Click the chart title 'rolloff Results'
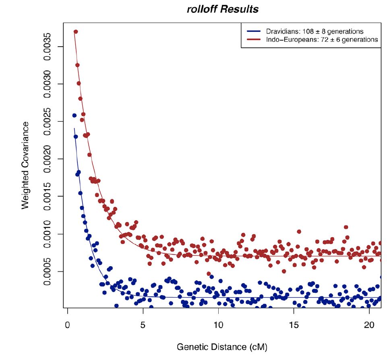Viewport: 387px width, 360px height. coord(223,9)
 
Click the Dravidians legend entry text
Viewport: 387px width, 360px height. coord(315,31)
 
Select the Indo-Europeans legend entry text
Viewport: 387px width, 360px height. coord(322,39)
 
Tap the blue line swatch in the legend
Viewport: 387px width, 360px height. coord(252,31)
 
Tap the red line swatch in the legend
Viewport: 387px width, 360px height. coord(252,39)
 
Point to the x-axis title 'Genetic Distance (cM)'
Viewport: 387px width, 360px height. coord(222,346)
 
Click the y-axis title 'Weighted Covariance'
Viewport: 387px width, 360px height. coord(25,165)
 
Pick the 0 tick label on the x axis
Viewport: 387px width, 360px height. coord(67,324)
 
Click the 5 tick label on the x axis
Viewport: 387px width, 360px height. coord(143,324)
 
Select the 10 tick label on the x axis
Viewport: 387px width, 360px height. coord(218,324)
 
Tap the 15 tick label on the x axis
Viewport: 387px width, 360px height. coord(294,324)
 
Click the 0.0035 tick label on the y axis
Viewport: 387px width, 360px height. coord(48,47)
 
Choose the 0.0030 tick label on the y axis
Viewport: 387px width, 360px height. coord(48,84)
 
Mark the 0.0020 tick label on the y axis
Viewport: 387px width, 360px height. coord(48,159)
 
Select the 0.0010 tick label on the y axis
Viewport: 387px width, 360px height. coord(48,234)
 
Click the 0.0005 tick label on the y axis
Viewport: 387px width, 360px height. coord(48,271)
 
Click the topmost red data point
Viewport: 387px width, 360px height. coord(75,31)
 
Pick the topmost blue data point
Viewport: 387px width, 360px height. coord(74,116)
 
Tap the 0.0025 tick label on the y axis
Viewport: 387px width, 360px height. coord(48,122)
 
